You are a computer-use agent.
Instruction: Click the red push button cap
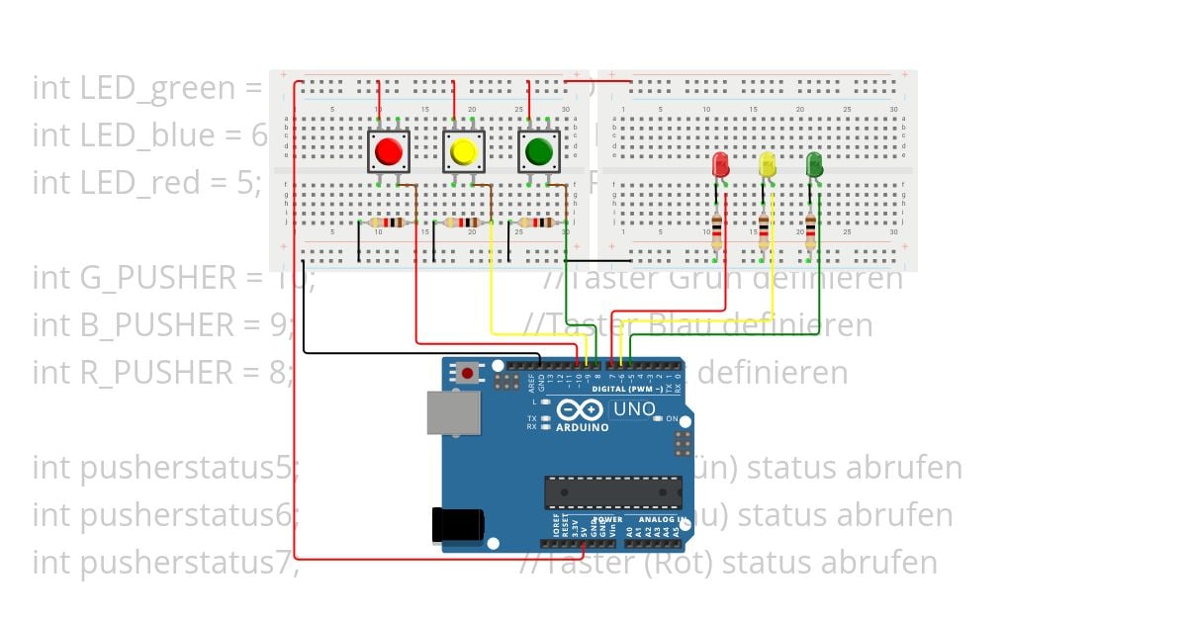click(x=389, y=151)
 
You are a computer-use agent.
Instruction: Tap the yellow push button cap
click(x=463, y=151)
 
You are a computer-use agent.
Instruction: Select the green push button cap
click(x=539, y=151)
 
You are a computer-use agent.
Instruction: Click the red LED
click(x=720, y=164)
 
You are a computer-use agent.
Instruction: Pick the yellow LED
click(x=768, y=164)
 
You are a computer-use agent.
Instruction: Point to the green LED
click(x=814, y=164)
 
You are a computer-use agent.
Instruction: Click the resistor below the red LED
click(x=717, y=231)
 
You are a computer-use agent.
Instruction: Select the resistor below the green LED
click(x=811, y=231)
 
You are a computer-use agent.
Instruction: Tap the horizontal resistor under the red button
click(x=389, y=222)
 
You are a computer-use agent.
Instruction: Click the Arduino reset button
click(x=467, y=373)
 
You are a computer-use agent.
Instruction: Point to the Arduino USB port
click(x=453, y=411)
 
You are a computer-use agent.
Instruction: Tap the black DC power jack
click(x=456, y=525)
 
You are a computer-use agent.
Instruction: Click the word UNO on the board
click(x=635, y=408)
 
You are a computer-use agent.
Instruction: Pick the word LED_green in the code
click(x=147, y=88)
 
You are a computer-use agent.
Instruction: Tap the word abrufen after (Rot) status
click(x=880, y=563)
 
